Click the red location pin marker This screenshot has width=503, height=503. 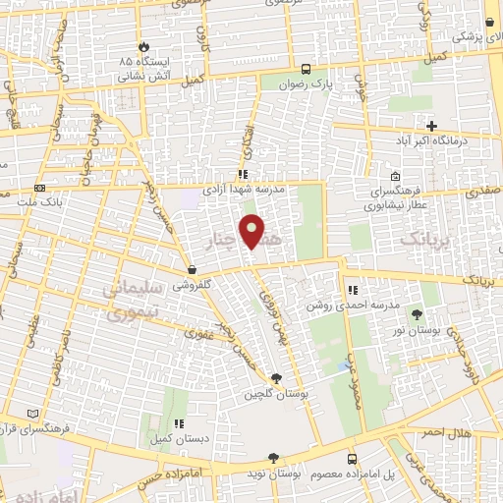coord(253,231)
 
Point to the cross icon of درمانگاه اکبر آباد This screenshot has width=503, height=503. coord(431,125)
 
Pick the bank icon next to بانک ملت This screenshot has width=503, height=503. coord(40,187)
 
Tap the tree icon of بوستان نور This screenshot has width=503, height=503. coord(418,314)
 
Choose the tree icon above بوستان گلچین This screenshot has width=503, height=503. coord(277,378)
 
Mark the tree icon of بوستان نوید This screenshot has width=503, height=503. coord(274,459)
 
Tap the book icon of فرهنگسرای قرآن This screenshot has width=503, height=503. coord(35,415)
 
